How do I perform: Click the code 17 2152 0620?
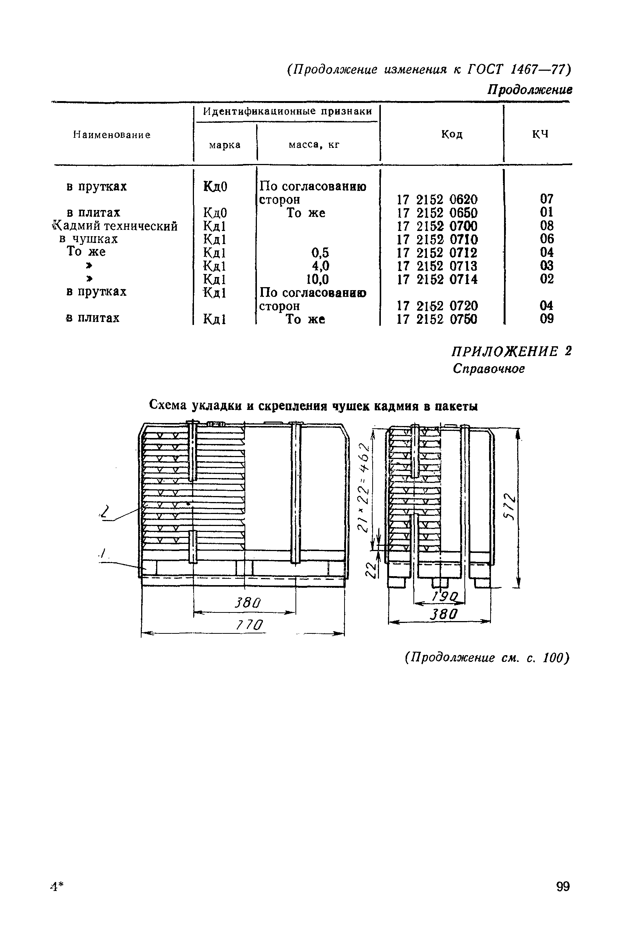pos(437,200)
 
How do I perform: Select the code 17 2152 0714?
pos(437,279)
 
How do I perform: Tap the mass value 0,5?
pos(320,253)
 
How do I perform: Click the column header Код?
pos(452,134)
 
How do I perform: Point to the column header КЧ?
pos(540,134)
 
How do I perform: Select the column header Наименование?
pos(112,135)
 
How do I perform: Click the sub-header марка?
pos(225,145)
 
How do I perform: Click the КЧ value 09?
pos(547,319)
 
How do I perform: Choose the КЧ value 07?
pos(547,198)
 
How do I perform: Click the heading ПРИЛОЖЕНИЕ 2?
pos(512,351)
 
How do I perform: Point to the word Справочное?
pos(489,368)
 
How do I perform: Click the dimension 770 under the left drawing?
pos(250,625)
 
